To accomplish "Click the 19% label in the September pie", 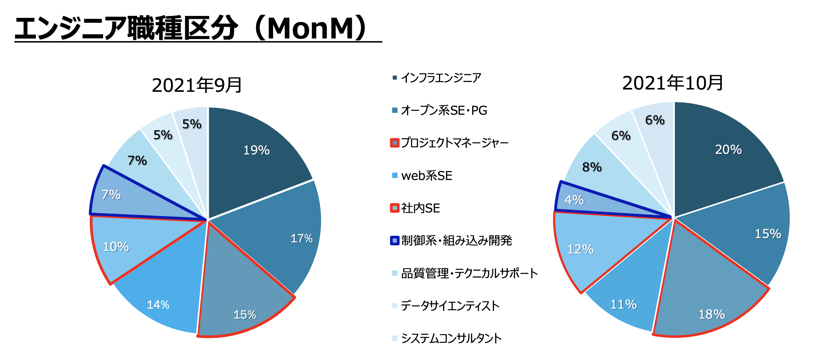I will pos(256,150).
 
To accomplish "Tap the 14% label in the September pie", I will pos(158,305).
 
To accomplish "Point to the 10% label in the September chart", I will pos(116,247).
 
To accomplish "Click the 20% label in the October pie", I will pos(728,150).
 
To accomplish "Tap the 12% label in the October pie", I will pos(580,249).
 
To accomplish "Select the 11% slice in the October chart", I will pos(626,292).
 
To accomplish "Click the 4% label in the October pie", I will pos(574,200).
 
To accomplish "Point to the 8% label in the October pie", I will pos(592,167).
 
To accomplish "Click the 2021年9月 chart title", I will pos(197,85).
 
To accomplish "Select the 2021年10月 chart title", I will pos(673,83).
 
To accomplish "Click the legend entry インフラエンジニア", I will pos(441,78).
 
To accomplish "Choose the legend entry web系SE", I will pos(426,176).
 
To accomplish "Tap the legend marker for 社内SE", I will pos(395,208).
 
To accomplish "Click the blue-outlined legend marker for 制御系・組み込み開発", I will pos(395,241).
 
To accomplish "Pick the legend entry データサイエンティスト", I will pos(450,306).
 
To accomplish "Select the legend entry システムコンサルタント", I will pos(451,338).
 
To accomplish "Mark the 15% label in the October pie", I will pos(768,234).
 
